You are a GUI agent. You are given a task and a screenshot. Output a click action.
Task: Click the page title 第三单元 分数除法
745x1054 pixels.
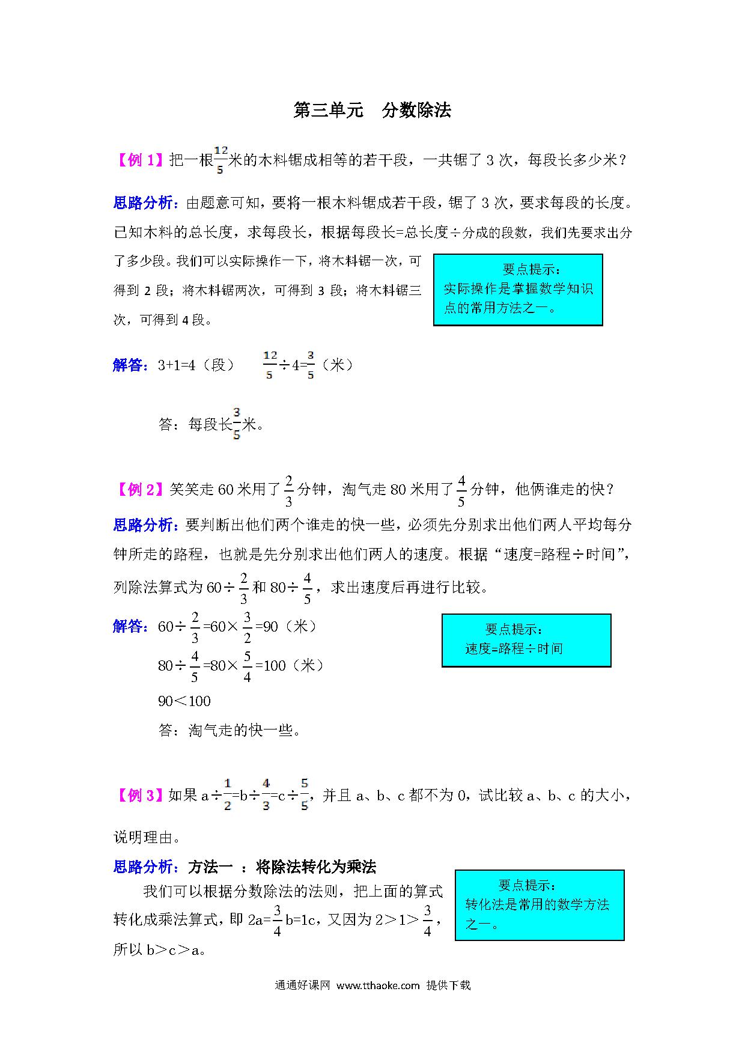point(372,110)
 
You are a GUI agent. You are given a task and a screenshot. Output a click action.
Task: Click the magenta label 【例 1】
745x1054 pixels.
point(138,160)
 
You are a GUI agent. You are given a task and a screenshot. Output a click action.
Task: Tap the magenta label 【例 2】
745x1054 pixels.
point(138,489)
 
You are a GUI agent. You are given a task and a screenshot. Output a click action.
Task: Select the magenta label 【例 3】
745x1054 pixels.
point(138,795)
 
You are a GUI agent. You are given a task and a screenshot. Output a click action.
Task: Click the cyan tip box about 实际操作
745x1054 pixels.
point(518,290)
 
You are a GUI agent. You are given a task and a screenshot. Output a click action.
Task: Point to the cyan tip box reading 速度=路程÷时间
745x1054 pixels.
point(526,640)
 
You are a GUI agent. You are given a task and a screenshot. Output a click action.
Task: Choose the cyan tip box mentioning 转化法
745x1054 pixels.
point(540,904)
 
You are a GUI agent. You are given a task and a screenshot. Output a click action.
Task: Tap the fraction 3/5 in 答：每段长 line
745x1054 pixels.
point(237,424)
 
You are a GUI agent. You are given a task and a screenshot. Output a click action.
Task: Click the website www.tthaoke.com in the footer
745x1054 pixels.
point(377,985)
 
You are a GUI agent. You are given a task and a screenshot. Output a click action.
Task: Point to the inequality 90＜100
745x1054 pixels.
point(184,701)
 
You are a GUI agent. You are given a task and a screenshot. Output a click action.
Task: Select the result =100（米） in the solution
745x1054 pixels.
point(290,665)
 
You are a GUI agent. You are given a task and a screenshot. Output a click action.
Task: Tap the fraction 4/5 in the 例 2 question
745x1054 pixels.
point(461,490)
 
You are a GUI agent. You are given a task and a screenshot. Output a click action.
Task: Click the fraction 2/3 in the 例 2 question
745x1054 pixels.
point(289,490)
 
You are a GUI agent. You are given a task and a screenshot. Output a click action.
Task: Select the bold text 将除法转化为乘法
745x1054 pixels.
point(315,867)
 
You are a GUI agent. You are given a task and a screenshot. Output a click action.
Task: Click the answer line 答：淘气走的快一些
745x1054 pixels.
point(229,730)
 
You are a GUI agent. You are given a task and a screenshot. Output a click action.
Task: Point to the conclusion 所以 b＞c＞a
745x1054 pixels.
point(160,950)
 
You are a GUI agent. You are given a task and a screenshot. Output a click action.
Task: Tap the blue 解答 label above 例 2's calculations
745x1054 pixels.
point(130,626)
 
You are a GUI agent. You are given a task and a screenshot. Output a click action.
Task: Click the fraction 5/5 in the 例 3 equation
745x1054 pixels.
point(305,794)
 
